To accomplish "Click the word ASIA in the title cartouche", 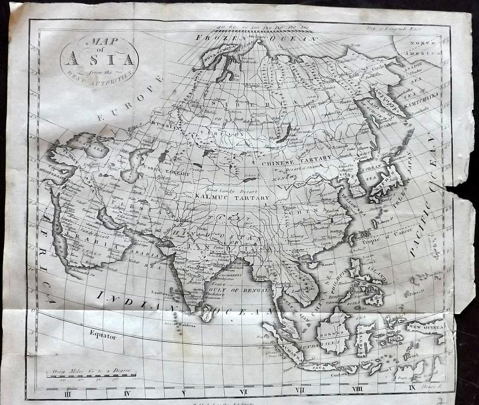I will (99, 58).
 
